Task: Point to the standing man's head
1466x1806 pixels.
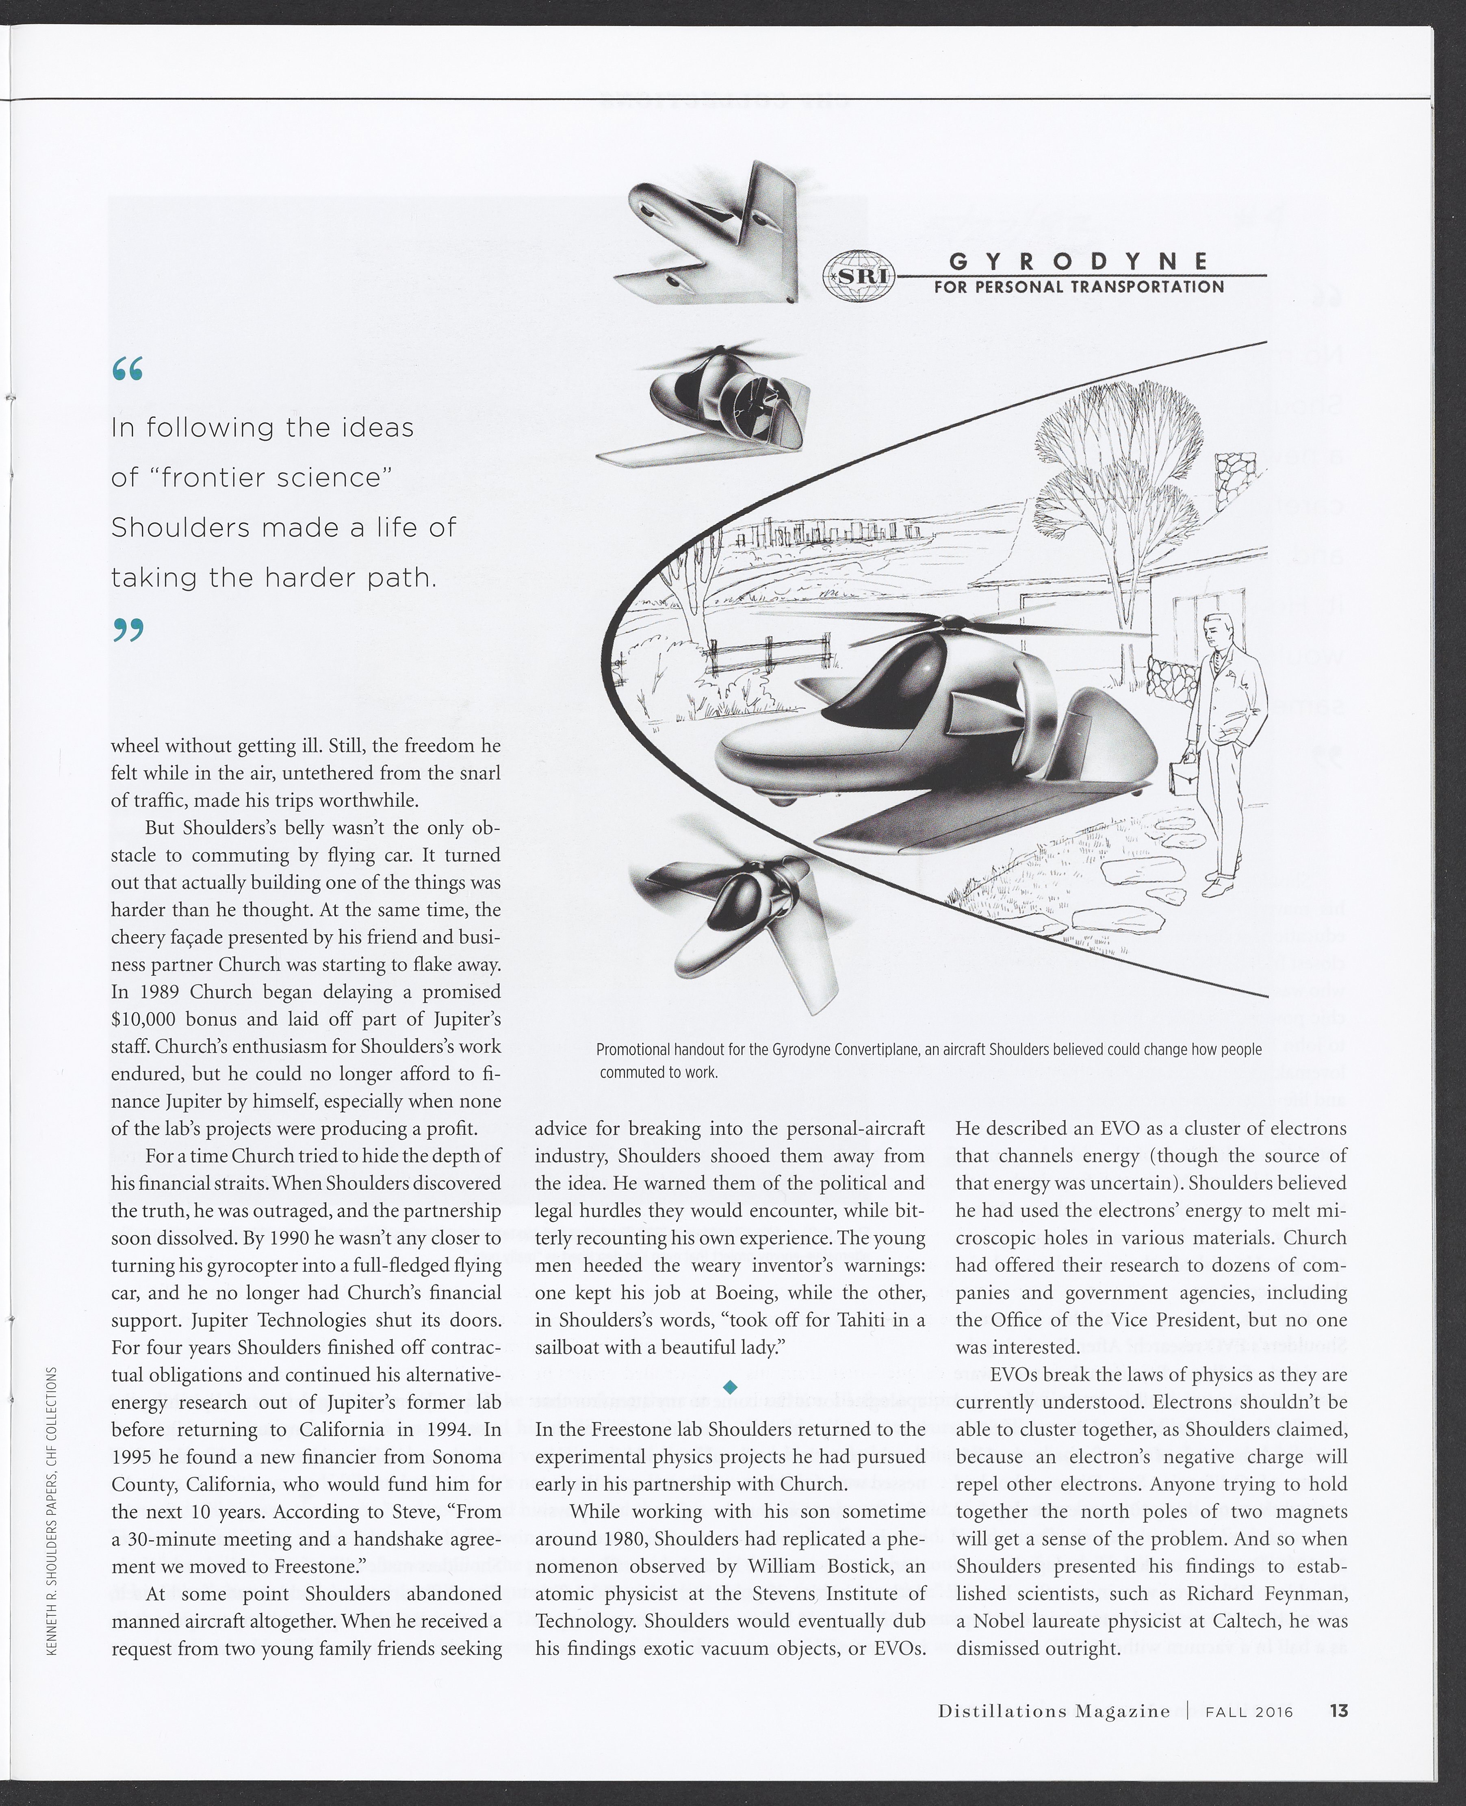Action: point(1221,630)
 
